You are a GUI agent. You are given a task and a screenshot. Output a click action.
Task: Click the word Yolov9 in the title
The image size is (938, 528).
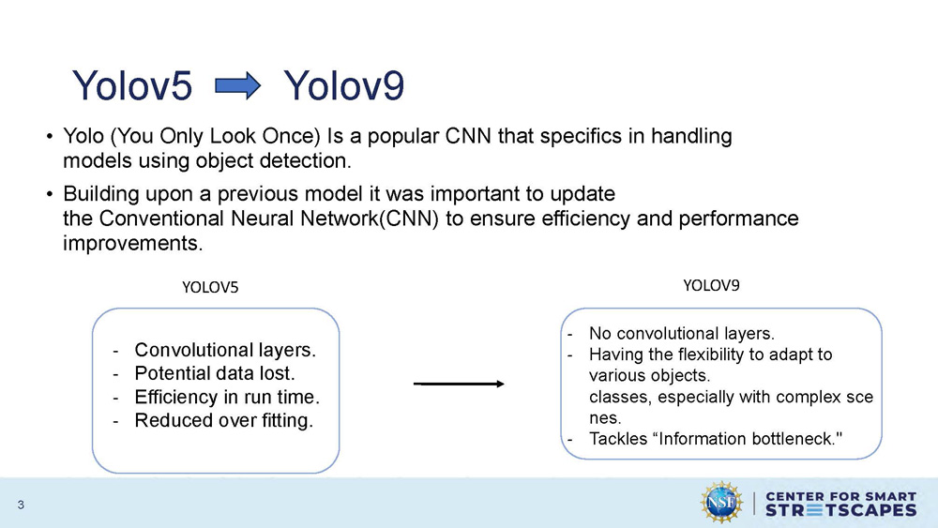343,87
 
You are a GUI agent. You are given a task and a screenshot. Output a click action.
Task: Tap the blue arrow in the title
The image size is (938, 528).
237,87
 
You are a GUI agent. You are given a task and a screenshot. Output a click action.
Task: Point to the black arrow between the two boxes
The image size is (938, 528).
459,384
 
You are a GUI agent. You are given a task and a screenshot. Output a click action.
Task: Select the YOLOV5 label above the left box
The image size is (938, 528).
210,288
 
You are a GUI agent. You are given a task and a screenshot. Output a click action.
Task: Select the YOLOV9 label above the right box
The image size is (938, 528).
711,285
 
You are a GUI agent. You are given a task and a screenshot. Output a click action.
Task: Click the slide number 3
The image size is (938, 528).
20,507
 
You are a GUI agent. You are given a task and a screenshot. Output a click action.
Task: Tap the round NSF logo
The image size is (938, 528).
721,503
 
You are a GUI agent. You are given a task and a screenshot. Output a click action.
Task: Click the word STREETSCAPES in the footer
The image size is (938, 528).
840,510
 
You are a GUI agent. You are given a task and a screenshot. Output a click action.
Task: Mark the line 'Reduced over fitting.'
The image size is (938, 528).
224,420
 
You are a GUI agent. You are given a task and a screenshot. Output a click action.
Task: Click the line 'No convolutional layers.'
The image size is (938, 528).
681,333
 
